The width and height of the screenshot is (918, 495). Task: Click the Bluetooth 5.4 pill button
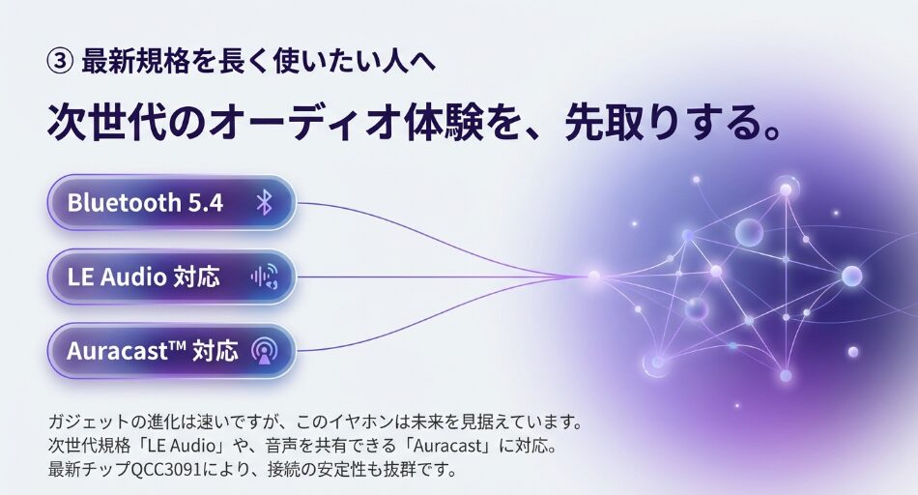pyautogui.click(x=171, y=203)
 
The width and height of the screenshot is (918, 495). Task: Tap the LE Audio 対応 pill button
pyautogui.click(x=171, y=277)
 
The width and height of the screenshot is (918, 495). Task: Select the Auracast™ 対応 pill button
pyautogui.click(x=171, y=350)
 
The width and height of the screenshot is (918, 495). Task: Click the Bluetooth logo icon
pyautogui.click(x=265, y=203)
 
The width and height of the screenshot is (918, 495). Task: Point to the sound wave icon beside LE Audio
pyautogui.click(x=265, y=277)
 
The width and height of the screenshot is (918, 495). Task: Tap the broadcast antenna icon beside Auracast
pyautogui.click(x=265, y=350)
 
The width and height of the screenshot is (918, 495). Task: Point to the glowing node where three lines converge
pyautogui.click(x=593, y=276)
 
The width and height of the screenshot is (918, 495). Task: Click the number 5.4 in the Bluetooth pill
pyautogui.click(x=206, y=203)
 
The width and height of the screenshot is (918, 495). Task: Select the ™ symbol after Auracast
pyautogui.click(x=178, y=345)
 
